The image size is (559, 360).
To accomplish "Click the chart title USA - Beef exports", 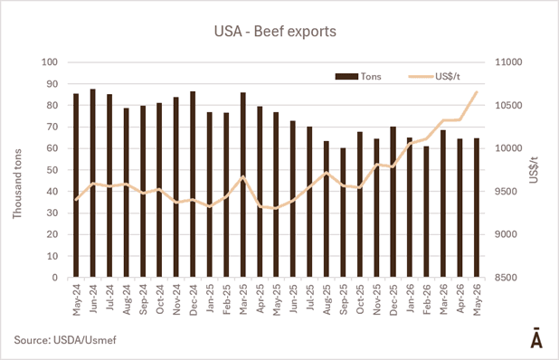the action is pyautogui.click(x=275, y=32).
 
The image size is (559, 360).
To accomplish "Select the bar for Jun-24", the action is pyautogui.click(x=92, y=183).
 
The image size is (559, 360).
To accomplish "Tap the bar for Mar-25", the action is pyautogui.click(x=243, y=185).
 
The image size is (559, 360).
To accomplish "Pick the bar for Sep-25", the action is pyautogui.click(x=343, y=213).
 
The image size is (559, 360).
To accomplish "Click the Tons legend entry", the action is pyautogui.click(x=358, y=76).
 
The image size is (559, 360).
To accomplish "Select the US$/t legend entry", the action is pyautogui.click(x=434, y=76).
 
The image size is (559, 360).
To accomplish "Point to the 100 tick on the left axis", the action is pyautogui.click(x=50, y=62).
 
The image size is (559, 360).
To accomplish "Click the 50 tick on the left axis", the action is pyautogui.click(x=52, y=170).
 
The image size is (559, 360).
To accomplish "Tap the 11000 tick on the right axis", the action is pyautogui.click(x=508, y=62).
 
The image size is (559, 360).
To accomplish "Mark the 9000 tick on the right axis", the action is pyautogui.click(x=506, y=234).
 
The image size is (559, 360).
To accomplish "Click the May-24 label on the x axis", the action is pyautogui.click(x=76, y=299).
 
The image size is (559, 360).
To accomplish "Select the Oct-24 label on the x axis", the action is pyautogui.click(x=160, y=299).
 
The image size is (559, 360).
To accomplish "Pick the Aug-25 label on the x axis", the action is pyautogui.click(x=327, y=299).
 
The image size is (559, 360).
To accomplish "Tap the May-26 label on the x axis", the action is pyautogui.click(x=477, y=299).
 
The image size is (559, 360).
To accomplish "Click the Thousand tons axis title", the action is pyautogui.click(x=17, y=184).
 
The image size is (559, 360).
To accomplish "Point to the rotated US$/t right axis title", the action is pyautogui.click(x=534, y=170).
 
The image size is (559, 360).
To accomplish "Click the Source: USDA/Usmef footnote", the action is pyautogui.click(x=65, y=340).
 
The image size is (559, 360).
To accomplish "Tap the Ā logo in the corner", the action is pyautogui.click(x=536, y=337).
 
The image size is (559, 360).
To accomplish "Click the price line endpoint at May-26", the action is pyautogui.click(x=477, y=92).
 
